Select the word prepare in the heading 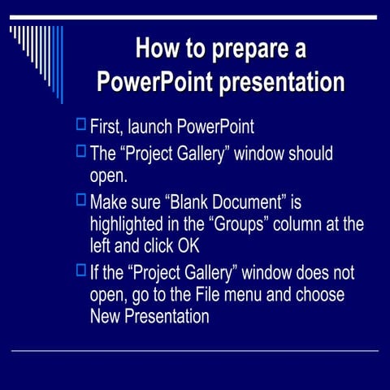coord(249,50)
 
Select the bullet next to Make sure coord(80,198)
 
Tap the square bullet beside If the coord(80,270)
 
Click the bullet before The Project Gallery coord(80,150)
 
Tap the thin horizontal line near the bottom coord(195,351)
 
